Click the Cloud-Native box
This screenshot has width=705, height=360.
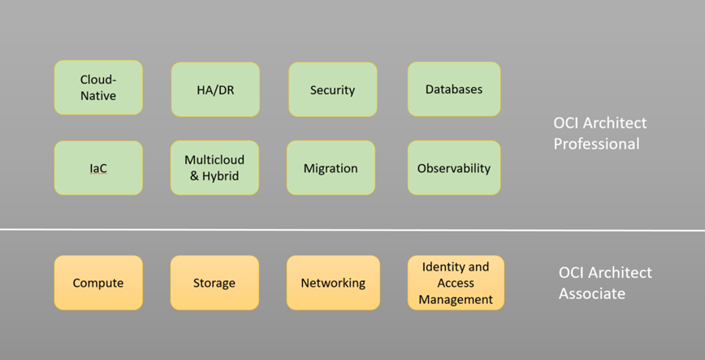coord(98,88)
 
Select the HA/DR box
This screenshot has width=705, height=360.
coord(215,89)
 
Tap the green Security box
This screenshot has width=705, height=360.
coord(332,89)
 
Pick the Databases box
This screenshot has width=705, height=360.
coord(453,89)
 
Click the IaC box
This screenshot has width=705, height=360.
coord(98,168)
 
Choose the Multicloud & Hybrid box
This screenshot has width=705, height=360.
coord(214,167)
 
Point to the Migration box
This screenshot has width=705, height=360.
coord(331,168)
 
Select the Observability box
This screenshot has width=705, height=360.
coord(453,168)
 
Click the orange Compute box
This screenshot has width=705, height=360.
coord(98,283)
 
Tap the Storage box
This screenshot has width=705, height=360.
coord(214,283)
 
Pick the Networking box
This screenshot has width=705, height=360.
coord(333,283)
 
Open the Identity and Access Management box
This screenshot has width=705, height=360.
coord(456,283)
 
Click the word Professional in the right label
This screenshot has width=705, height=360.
coord(597,144)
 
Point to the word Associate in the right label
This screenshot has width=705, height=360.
coord(592,293)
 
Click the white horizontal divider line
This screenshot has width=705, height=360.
coord(352,230)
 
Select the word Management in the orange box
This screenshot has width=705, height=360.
coord(456,299)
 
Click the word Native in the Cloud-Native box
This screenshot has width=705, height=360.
coord(98,96)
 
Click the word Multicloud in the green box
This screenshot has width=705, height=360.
coord(214,159)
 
